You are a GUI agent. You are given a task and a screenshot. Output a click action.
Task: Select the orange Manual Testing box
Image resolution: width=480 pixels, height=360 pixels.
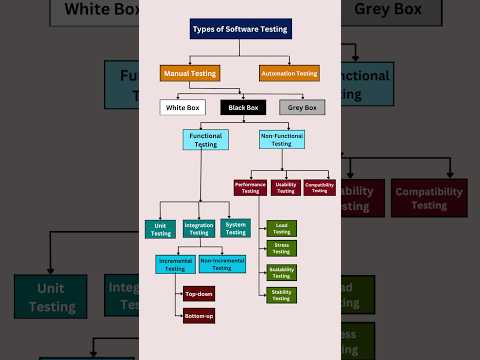coord(189,72)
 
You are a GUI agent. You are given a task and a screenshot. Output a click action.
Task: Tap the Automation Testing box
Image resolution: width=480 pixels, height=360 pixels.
coord(289,72)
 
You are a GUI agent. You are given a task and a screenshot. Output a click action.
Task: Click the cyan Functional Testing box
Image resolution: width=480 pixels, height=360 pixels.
coord(204,139)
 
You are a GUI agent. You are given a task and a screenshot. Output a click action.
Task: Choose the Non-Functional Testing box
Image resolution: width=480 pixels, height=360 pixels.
coord(281,139)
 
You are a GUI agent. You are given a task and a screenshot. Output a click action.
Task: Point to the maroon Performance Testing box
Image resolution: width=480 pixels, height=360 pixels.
coord(249,188)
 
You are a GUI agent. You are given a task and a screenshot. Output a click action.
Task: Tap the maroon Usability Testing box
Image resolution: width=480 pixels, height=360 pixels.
coord(285,188)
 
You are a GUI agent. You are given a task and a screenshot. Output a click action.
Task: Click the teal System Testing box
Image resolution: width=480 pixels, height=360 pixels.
coord(236,229)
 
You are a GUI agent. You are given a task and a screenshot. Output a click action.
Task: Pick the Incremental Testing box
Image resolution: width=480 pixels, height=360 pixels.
coord(175,265)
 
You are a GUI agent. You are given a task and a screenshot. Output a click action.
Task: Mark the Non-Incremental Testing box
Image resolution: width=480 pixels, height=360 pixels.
coord(222,265)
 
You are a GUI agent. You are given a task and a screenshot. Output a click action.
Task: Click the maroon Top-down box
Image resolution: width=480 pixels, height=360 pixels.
coord(198,294)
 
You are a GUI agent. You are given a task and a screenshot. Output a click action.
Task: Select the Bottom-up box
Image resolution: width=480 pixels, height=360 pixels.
coord(198,316)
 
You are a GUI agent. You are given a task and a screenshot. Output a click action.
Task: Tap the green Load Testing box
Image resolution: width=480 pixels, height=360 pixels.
coord(281,228)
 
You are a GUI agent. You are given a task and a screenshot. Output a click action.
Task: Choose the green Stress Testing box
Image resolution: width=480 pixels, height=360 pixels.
coord(281,249)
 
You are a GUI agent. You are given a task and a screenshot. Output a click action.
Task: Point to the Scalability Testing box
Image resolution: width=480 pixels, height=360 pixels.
coord(281,272)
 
